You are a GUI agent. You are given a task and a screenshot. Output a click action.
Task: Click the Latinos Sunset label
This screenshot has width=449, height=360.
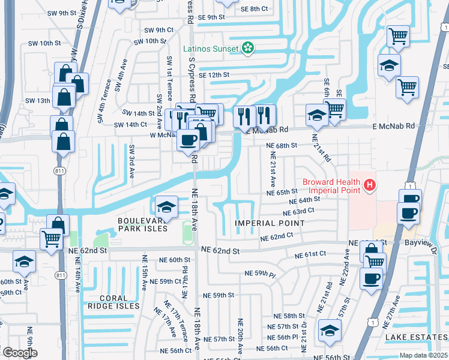(x=212, y=47)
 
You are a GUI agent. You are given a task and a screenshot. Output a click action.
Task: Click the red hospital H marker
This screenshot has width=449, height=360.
(x=370, y=186)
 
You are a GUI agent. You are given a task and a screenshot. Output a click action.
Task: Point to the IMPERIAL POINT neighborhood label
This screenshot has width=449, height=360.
(x=269, y=223)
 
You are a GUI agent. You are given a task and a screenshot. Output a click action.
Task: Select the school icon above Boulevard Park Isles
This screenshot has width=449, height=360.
(x=166, y=207)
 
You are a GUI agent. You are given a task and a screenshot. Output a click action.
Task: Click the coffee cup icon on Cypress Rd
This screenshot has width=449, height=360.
(x=188, y=140)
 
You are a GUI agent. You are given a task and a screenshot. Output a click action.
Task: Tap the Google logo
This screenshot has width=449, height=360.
(x=19, y=353)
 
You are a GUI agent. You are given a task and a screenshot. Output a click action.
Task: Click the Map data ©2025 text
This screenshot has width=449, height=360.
(x=423, y=355)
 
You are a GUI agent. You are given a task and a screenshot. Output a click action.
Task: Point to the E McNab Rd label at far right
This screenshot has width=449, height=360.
(x=393, y=126)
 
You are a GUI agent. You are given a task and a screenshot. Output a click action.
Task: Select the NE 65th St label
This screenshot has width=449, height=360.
(x=279, y=193)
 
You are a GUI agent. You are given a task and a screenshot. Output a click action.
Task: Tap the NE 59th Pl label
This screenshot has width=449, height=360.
(x=260, y=274)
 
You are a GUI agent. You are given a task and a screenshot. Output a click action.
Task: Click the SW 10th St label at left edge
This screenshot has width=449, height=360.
(x=46, y=43)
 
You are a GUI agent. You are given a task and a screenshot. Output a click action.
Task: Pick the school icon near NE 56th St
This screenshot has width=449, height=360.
(x=330, y=331)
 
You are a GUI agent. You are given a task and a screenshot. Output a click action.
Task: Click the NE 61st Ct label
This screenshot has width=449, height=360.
(x=310, y=255)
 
